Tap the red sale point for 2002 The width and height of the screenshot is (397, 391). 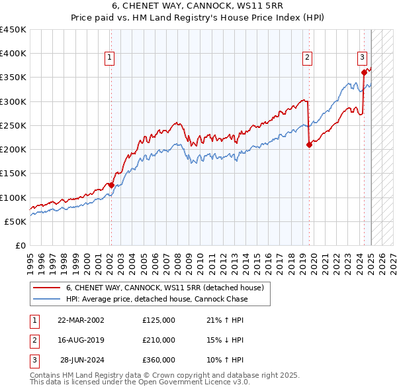[x=111, y=186]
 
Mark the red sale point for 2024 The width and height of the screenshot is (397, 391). [x=364, y=73]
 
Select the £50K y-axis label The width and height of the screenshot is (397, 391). [x=16, y=221]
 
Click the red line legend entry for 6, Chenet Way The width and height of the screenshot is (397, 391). [x=165, y=288]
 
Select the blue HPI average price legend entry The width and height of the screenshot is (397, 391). [x=157, y=299]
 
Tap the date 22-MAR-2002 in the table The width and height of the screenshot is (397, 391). [x=81, y=320]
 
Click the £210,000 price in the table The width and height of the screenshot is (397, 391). [x=159, y=340]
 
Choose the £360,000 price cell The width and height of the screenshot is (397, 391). [x=159, y=360]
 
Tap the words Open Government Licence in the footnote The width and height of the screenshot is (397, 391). [x=176, y=382]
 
